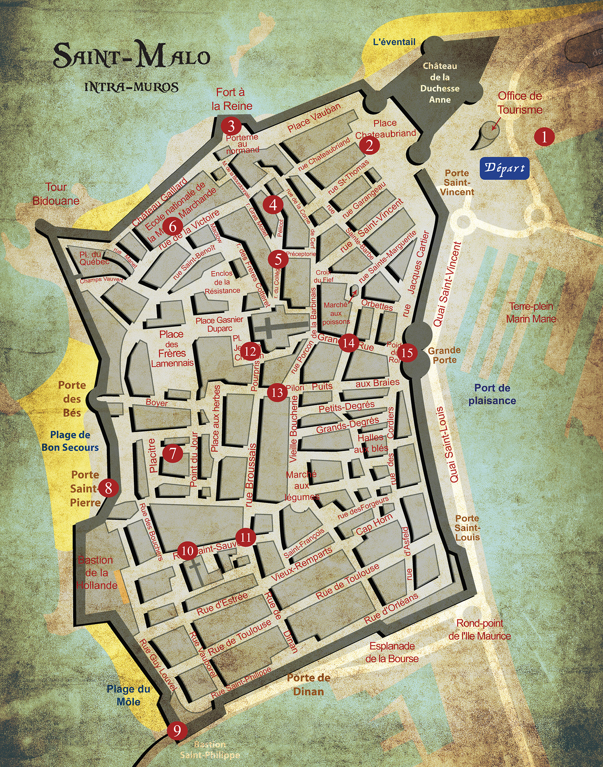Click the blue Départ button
pyautogui.click(x=505, y=168)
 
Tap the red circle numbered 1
pyautogui.click(x=544, y=137)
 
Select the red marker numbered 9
pyautogui.click(x=177, y=731)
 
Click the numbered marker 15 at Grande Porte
pyautogui.click(x=407, y=352)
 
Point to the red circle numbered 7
pyautogui.click(x=173, y=453)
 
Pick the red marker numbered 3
pyautogui.click(x=231, y=126)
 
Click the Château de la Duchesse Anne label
pyautogui.click(x=440, y=83)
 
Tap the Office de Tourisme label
pyautogui.click(x=520, y=103)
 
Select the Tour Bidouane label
pyautogui.click(x=56, y=194)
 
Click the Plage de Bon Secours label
pyautogui.click(x=70, y=441)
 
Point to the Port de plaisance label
pyautogui.click(x=492, y=394)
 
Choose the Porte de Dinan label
pyautogui.click(x=309, y=685)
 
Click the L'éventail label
pyautogui.click(x=394, y=42)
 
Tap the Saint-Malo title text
pyautogui.click(x=132, y=56)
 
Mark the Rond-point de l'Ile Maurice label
pyautogui.click(x=480, y=630)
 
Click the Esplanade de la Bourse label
pyautogui.click(x=392, y=652)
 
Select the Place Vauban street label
pyautogui.click(x=314, y=117)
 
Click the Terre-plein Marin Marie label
pyautogui.click(x=531, y=313)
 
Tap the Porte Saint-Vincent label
pyautogui.click(x=457, y=182)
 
